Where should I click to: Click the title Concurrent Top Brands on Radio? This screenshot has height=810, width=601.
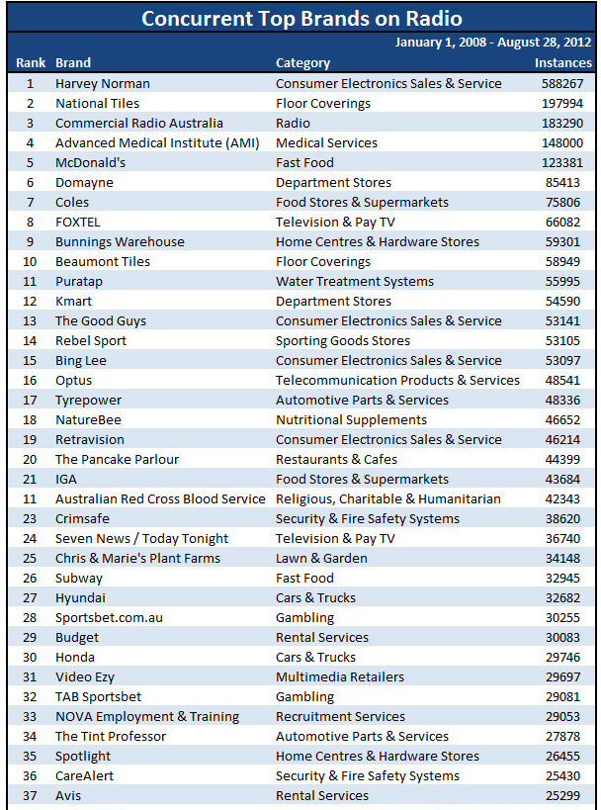coord(302,19)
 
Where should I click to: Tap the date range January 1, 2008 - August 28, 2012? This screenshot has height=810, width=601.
coord(493,43)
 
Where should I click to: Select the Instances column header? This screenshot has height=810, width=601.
coord(563,63)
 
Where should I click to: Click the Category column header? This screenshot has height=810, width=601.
coord(302,63)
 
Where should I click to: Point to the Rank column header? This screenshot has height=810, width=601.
coord(31,63)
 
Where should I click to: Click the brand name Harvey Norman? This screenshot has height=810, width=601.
coord(103,84)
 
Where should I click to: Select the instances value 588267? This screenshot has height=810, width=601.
coord(562,84)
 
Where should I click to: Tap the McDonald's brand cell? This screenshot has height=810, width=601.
coord(90,163)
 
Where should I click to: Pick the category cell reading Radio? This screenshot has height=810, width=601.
coord(293,124)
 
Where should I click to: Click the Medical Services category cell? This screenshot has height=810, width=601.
coord(326,143)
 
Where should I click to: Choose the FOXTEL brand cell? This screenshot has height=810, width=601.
coord(78,223)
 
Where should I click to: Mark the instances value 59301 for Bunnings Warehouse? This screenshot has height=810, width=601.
coord(562,241)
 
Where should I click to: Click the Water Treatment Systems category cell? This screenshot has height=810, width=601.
coord(355,282)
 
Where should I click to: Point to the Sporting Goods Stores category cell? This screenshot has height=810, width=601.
coord(343,341)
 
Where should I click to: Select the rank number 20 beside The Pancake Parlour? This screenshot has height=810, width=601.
coord(30,459)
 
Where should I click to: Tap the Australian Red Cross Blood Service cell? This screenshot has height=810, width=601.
coord(160,499)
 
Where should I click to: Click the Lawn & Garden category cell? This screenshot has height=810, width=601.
coord(321,559)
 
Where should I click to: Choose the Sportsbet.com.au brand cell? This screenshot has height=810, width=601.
coord(109,618)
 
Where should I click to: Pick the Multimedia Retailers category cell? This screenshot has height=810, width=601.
coord(340,677)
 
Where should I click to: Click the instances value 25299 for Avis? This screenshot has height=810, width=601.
coord(562,795)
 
